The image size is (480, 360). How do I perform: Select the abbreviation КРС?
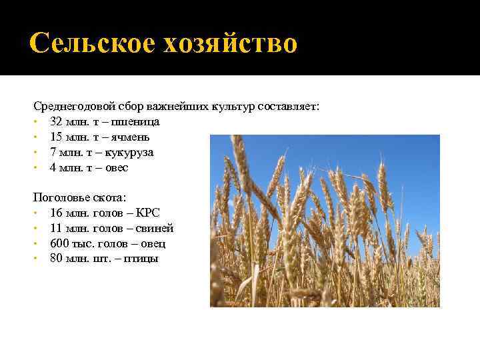click(148, 213)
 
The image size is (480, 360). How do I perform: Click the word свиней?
click(153, 229)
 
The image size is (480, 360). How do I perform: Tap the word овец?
click(153, 244)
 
